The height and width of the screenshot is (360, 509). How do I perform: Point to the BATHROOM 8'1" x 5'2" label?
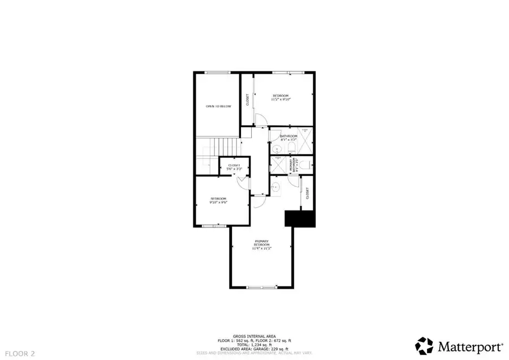[288, 138]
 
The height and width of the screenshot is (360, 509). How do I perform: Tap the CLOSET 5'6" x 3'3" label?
[234, 166]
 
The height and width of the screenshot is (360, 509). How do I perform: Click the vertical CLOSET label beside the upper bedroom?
[247, 100]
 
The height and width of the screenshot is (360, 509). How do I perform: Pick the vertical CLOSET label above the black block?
[307, 194]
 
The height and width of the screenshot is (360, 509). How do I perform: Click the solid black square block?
[299, 218]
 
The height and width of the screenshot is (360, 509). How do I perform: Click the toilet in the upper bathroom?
[291, 148]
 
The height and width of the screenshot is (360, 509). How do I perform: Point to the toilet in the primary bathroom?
[304, 165]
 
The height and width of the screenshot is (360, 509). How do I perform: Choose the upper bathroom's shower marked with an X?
[305, 139]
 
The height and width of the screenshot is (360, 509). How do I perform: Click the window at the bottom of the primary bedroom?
[261, 288]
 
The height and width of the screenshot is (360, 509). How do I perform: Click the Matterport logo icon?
[425, 345]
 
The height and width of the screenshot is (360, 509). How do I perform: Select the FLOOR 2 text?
[19, 354]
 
